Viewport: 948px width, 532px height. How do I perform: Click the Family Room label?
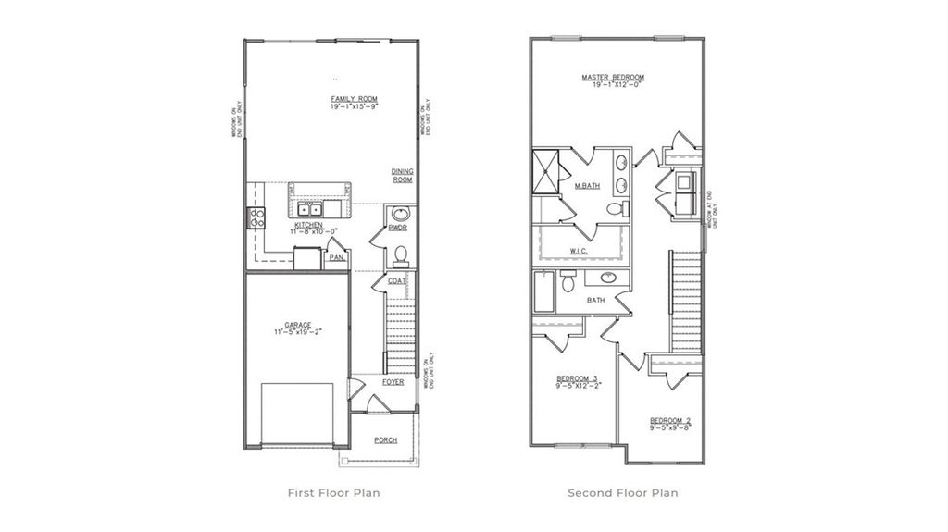355,99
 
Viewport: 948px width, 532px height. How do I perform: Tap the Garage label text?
298,326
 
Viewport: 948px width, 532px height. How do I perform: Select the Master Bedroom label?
612,78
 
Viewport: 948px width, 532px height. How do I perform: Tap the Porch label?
385,440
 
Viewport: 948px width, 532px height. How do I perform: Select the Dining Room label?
402,176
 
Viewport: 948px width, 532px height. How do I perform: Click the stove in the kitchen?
256,218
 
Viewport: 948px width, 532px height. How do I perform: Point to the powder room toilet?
401,253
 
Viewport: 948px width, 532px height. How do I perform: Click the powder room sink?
401,214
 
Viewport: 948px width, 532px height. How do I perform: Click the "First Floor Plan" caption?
334,493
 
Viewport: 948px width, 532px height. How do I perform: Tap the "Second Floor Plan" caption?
622,493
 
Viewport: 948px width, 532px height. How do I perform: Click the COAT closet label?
397,281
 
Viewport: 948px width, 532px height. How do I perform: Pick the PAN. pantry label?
336,258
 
